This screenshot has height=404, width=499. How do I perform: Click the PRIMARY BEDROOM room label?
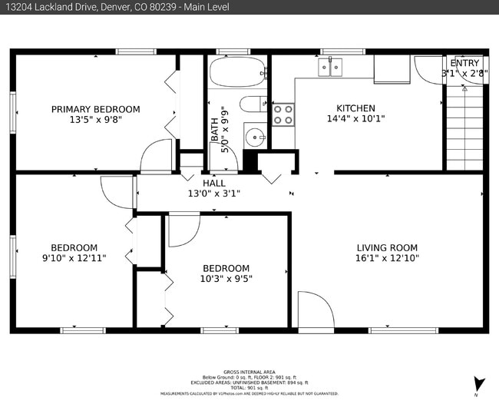[x=95, y=109]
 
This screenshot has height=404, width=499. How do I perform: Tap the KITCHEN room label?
[x=355, y=108]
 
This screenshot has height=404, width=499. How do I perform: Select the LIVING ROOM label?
[x=387, y=247]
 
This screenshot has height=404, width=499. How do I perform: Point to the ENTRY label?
[x=464, y=63]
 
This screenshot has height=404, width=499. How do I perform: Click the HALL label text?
[x=214, y=184]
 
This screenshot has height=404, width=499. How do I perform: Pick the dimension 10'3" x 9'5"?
[x=226, y=279]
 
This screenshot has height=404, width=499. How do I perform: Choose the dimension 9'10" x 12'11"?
[x=74, y=258]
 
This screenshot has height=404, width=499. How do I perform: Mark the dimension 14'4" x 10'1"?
[x=355, y=119]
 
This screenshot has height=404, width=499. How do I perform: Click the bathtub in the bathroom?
[x=236, y=75]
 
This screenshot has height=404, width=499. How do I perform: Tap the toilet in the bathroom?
[x=252, y=104]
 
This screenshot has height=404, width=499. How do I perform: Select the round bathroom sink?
[x=254, y=137]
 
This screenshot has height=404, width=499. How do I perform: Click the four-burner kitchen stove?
[x=283, y=114]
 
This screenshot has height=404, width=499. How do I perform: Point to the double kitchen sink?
[x=331, y=68]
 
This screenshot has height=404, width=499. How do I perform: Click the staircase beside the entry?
[x=465, y=127]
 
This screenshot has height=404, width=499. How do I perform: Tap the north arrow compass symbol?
[x=480, y=382]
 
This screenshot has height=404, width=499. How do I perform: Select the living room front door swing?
[x=315, y=310]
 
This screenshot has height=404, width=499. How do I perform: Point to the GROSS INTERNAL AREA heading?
[x=249, y=370]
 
